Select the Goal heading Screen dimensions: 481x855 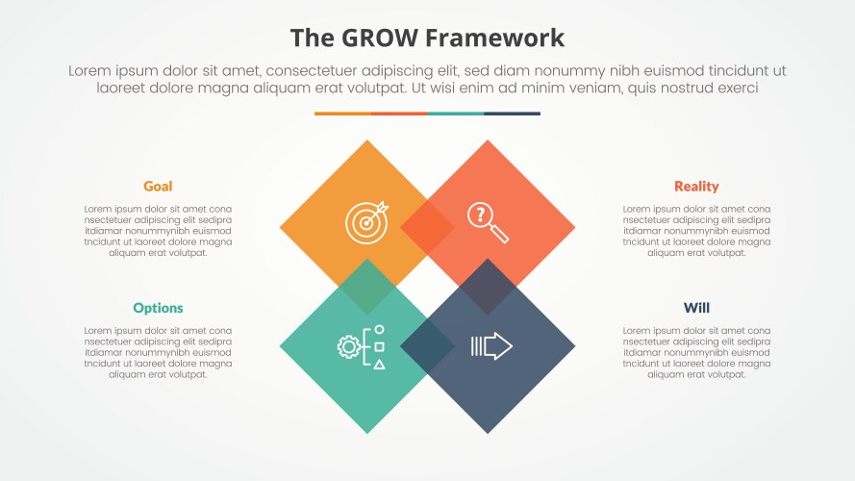[158, 187]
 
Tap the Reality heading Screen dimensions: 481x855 [696, 187]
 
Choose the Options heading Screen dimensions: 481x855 [158, 308]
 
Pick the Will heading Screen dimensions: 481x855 [696, 308]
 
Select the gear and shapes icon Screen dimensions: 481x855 [362, 346]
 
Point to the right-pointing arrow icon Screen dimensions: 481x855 [490, 346]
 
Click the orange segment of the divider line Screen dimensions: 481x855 [342, 114]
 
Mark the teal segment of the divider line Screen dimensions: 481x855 [455, 114]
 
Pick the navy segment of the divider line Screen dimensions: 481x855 [512, 114]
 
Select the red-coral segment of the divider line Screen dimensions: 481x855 [398, 114]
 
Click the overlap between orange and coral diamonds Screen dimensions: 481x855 [427, 228]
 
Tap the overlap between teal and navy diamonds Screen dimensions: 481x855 [427, 346]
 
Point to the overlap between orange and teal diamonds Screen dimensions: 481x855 [367, 287]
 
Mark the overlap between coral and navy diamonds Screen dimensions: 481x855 [488, 287]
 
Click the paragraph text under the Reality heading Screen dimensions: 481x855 [696, 231]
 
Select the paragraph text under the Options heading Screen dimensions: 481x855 [158, 352]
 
